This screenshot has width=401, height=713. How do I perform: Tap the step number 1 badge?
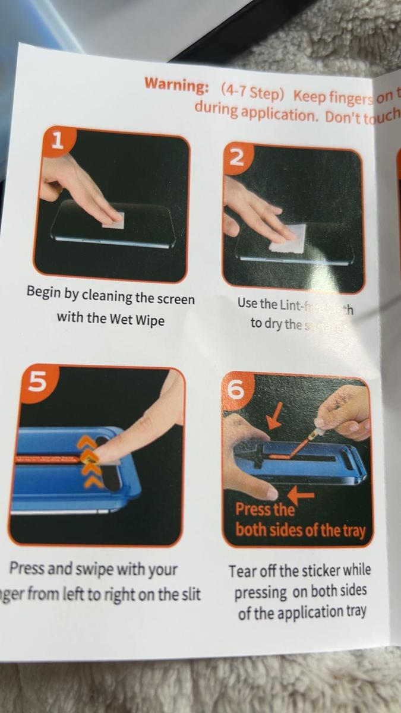pos(58,141)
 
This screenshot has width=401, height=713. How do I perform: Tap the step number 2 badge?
pos(236,157)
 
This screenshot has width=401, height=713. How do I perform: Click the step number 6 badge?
pos(236,390)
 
